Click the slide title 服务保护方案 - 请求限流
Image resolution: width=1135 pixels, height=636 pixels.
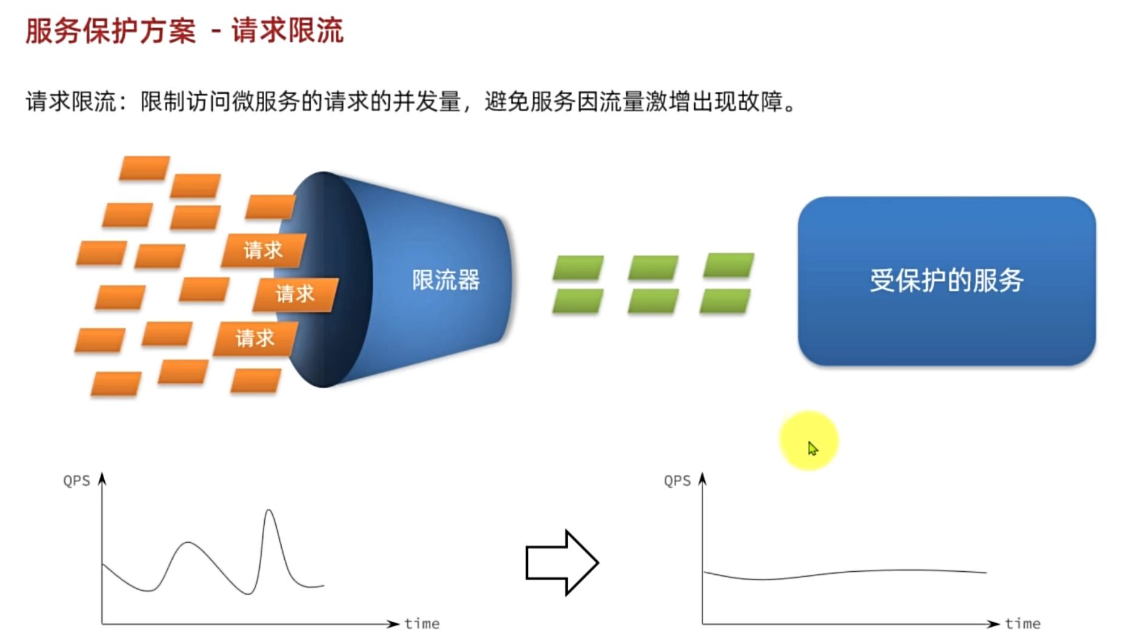point(184,30)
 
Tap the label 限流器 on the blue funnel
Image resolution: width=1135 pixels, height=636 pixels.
point(445,280)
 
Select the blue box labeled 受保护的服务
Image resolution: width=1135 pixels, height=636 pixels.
point(947,280)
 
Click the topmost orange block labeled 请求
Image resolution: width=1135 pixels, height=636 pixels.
point(262,250)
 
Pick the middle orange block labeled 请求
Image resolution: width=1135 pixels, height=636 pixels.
point(295,294)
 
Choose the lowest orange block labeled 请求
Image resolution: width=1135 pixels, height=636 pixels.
point(255,338)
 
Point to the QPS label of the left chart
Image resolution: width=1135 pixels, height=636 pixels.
point(76,481)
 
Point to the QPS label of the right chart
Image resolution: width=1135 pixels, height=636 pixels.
point(677,481)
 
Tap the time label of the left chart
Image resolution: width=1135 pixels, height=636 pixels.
point(422,623)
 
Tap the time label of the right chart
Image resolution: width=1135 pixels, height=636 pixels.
point(1022,623)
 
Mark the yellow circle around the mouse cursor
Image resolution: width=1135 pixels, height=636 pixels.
point(808,441)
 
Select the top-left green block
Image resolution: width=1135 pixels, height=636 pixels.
point(578,267)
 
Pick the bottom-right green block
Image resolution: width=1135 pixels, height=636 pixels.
point(725,301)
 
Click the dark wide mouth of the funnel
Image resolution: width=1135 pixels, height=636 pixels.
point(330,279)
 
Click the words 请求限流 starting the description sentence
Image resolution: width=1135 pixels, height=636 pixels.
point(70,102)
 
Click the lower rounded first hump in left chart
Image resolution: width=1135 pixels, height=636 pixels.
point(188,543)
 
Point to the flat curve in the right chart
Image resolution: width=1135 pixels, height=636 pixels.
point(848,572)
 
